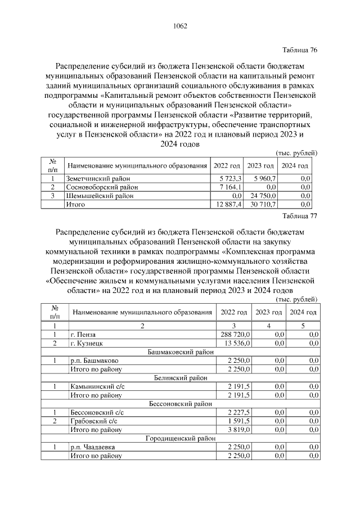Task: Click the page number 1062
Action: (180, 26)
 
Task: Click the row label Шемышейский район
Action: (95, 196)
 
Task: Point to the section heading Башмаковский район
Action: (181, 352)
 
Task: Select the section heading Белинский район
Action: (181, 378)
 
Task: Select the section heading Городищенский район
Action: (181, 438)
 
